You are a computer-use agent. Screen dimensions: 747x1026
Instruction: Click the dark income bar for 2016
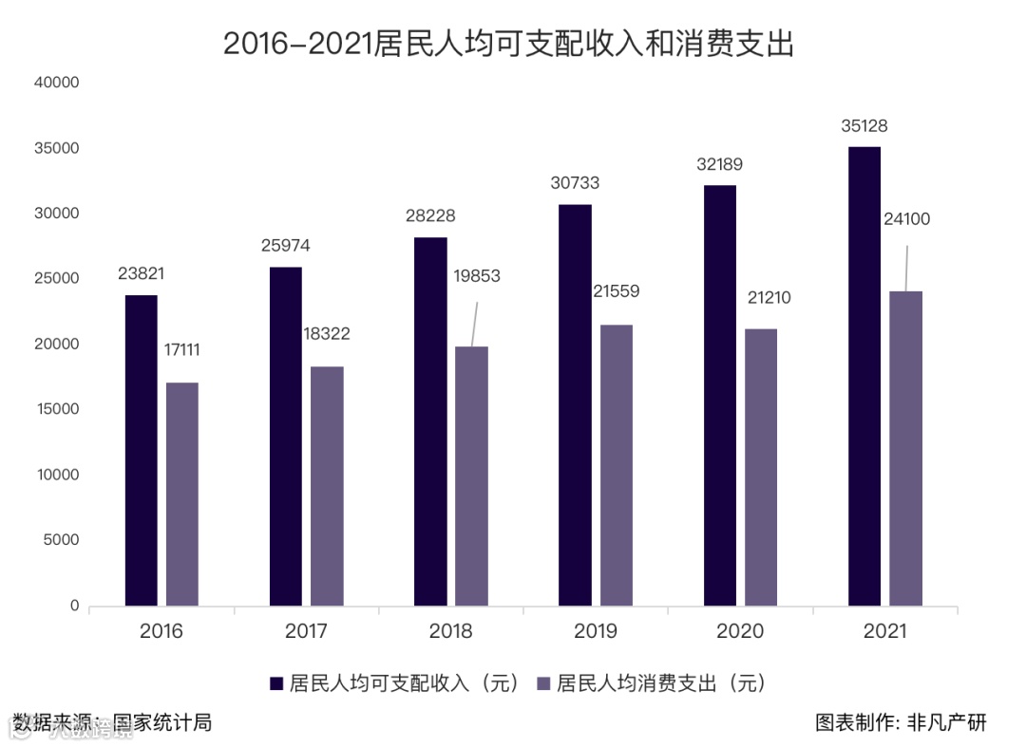142,450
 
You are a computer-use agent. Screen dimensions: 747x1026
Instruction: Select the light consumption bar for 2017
327,486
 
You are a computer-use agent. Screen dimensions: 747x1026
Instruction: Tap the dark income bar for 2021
864,376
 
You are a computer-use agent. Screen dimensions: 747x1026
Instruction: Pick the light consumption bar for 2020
761,467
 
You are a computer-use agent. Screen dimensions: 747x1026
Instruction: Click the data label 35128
864,126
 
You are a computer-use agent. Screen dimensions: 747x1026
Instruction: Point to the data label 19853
476,276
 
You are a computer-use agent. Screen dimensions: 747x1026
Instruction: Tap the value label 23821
142,273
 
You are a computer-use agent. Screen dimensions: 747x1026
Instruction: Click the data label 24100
906,219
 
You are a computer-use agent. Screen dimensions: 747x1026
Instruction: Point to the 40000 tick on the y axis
56,84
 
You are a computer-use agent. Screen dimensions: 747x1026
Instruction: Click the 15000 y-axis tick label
56,410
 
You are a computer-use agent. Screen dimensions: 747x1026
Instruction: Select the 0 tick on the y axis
73,606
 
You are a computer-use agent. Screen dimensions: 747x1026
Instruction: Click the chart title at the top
508,44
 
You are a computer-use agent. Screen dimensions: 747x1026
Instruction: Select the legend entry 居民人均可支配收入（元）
395,683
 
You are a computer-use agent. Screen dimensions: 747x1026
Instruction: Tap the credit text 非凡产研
954,723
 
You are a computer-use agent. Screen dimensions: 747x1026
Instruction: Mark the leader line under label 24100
906,268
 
